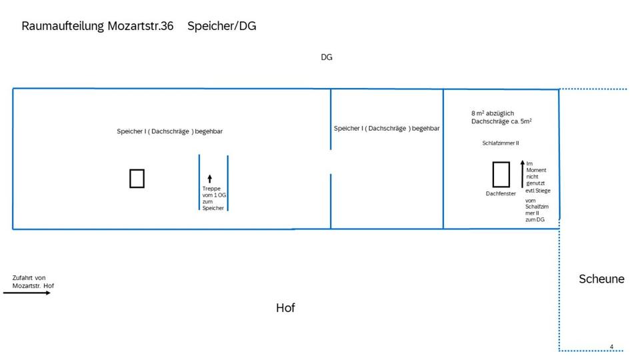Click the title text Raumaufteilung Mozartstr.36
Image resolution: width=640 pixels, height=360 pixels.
tap(97, 27)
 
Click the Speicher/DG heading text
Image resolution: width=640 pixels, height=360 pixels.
tap(221, 27)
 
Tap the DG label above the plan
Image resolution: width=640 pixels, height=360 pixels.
tap(326, 57)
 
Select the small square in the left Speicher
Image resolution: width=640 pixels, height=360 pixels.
tap(137, 179)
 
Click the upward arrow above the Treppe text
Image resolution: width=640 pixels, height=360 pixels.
tap(209, 178)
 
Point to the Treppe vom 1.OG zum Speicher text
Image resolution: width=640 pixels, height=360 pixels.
tap(213, 198)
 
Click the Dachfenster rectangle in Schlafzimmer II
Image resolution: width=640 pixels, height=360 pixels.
tap(501, 175)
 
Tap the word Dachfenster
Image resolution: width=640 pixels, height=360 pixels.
tap(501, 194)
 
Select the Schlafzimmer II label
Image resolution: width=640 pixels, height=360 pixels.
tap(501, 143)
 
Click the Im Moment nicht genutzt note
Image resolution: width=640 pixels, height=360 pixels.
tap(538, 177)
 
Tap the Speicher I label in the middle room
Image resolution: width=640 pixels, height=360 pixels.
tap(387, 128)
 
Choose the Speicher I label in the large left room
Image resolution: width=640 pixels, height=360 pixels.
tap(169, 131)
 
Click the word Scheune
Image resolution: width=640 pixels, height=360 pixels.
tap(601, 279)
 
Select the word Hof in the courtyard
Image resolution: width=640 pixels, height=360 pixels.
tap(285, 308)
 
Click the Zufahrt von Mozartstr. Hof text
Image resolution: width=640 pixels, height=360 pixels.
tap(33, 282)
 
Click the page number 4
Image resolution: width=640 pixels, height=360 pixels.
tap(611, 347)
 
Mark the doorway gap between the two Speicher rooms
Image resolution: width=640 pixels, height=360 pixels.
tap(331, 162)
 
